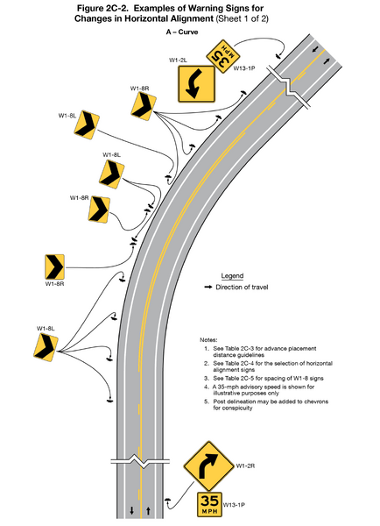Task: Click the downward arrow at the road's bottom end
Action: [131, 510]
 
